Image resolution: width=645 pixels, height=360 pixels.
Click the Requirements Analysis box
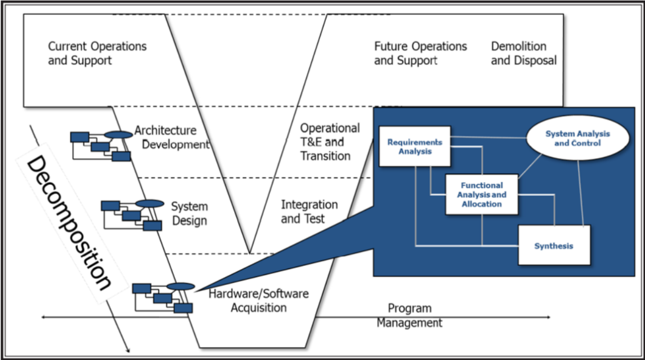[414, 146]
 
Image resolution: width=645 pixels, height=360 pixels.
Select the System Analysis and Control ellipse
[577, 138]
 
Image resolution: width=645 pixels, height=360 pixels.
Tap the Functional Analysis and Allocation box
[482, 194]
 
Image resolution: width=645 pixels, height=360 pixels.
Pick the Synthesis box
[554, 246]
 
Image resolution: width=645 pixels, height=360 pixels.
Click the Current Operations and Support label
[97, 53]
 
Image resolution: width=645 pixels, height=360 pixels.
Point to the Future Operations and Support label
[420, 53]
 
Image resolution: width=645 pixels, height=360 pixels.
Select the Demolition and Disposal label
[523, 53]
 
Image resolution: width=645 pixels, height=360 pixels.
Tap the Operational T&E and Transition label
[329, 142]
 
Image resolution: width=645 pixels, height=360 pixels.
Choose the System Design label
[189, 214]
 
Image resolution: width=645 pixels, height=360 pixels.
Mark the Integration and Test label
[309, 212]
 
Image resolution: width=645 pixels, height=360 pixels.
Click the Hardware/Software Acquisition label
[258, 301]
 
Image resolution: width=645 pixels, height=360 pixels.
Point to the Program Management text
[409, 316]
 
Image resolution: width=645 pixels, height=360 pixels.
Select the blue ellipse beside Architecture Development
[118, 134]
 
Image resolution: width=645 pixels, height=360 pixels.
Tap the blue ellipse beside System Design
[149, 203]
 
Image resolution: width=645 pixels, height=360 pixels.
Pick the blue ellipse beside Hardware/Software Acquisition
[181, 286]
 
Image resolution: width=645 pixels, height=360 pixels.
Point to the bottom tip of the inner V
[250, 253]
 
